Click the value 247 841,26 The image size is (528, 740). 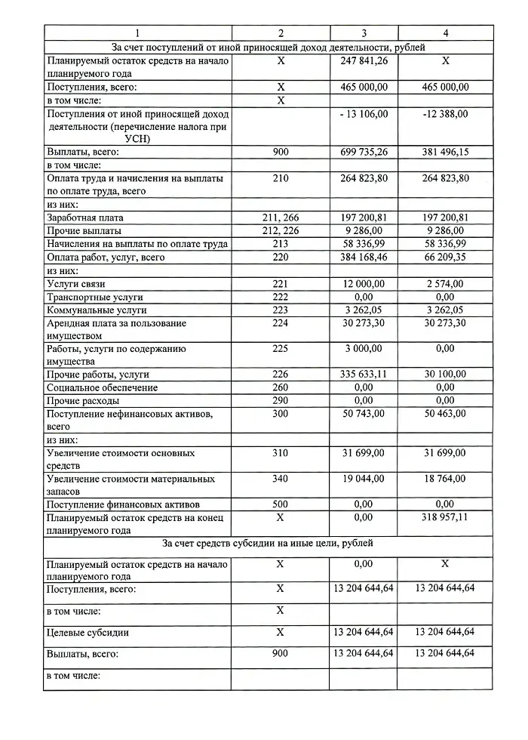click(x=364, y=61)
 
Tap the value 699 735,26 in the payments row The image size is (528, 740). click(x=364, y=152)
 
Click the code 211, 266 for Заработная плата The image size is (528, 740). click(x=281, y=217)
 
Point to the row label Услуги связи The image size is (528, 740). click(x=76, y=284)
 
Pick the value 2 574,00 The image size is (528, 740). click(x=446, y=284)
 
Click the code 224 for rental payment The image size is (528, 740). click(x=281, y=323)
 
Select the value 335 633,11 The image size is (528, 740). click(x=364, y=375)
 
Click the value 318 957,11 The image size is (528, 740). click(x=446, y=518)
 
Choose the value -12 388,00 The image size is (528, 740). click(x=446, y=113)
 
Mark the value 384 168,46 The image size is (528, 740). click(x=364, y=257)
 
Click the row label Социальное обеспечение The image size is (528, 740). click(x=103, y=387)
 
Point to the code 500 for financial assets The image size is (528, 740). click(x=281, y=504)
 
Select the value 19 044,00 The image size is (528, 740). click(x=364, y=479)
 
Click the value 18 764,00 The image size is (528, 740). click(x=446, y=479)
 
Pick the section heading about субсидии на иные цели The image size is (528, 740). click(x=267, y=544)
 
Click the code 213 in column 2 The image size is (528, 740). click(x=281, y=244)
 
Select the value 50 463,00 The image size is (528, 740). click(x=446, y=414)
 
